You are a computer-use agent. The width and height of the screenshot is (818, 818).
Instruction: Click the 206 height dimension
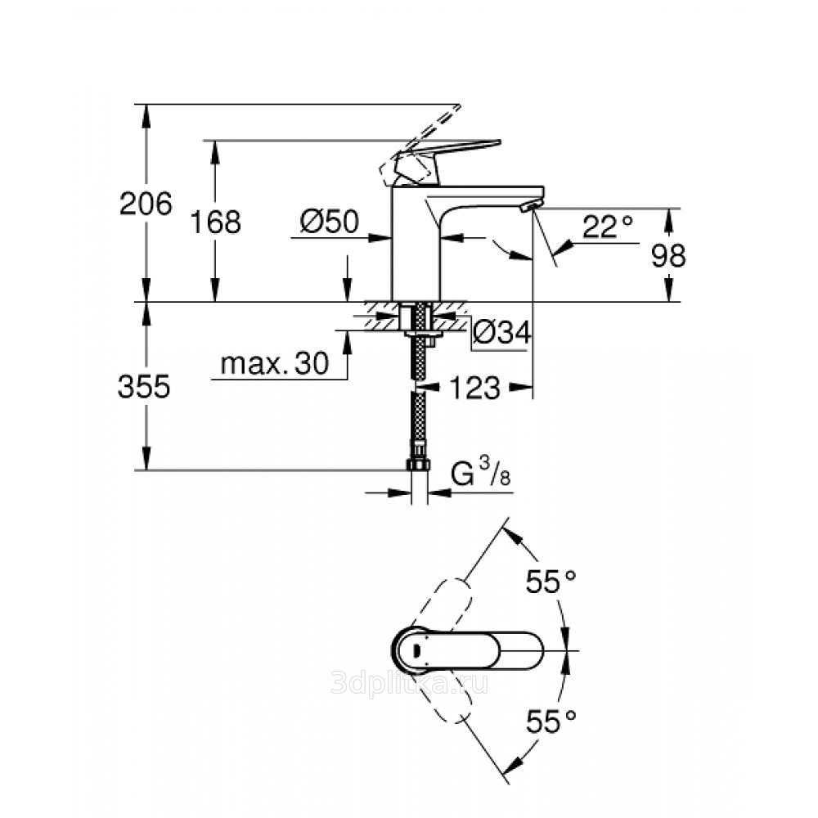(146, 204)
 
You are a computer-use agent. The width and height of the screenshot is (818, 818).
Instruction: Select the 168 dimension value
(215, 222)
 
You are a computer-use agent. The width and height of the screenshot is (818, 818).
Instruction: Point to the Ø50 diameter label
(330, 221)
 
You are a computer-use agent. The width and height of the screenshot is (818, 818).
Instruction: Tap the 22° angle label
(608, 227)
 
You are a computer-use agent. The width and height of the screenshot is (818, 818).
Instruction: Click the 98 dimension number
(668, 256)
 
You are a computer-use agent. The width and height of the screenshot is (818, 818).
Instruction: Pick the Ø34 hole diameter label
(502, 332)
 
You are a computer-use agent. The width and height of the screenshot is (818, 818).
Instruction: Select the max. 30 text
(275, 363)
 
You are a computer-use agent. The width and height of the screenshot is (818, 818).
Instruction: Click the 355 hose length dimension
(144, 387)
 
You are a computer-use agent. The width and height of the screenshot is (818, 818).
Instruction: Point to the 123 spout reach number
(474, 388)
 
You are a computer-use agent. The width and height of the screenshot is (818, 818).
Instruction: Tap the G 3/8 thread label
(480, 474)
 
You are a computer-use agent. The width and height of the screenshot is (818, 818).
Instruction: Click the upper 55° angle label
(551, 582)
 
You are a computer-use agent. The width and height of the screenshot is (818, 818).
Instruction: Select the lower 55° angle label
(551, 722)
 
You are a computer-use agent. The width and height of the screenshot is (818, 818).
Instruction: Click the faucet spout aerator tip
(531, 207)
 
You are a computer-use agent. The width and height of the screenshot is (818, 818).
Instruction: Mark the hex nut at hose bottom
(418, 465)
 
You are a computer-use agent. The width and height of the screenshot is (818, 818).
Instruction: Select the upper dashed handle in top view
(443, 605)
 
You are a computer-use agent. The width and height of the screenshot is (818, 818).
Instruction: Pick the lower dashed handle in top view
(443, 697)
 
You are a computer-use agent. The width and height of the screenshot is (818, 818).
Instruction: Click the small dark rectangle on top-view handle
(416, 650)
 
